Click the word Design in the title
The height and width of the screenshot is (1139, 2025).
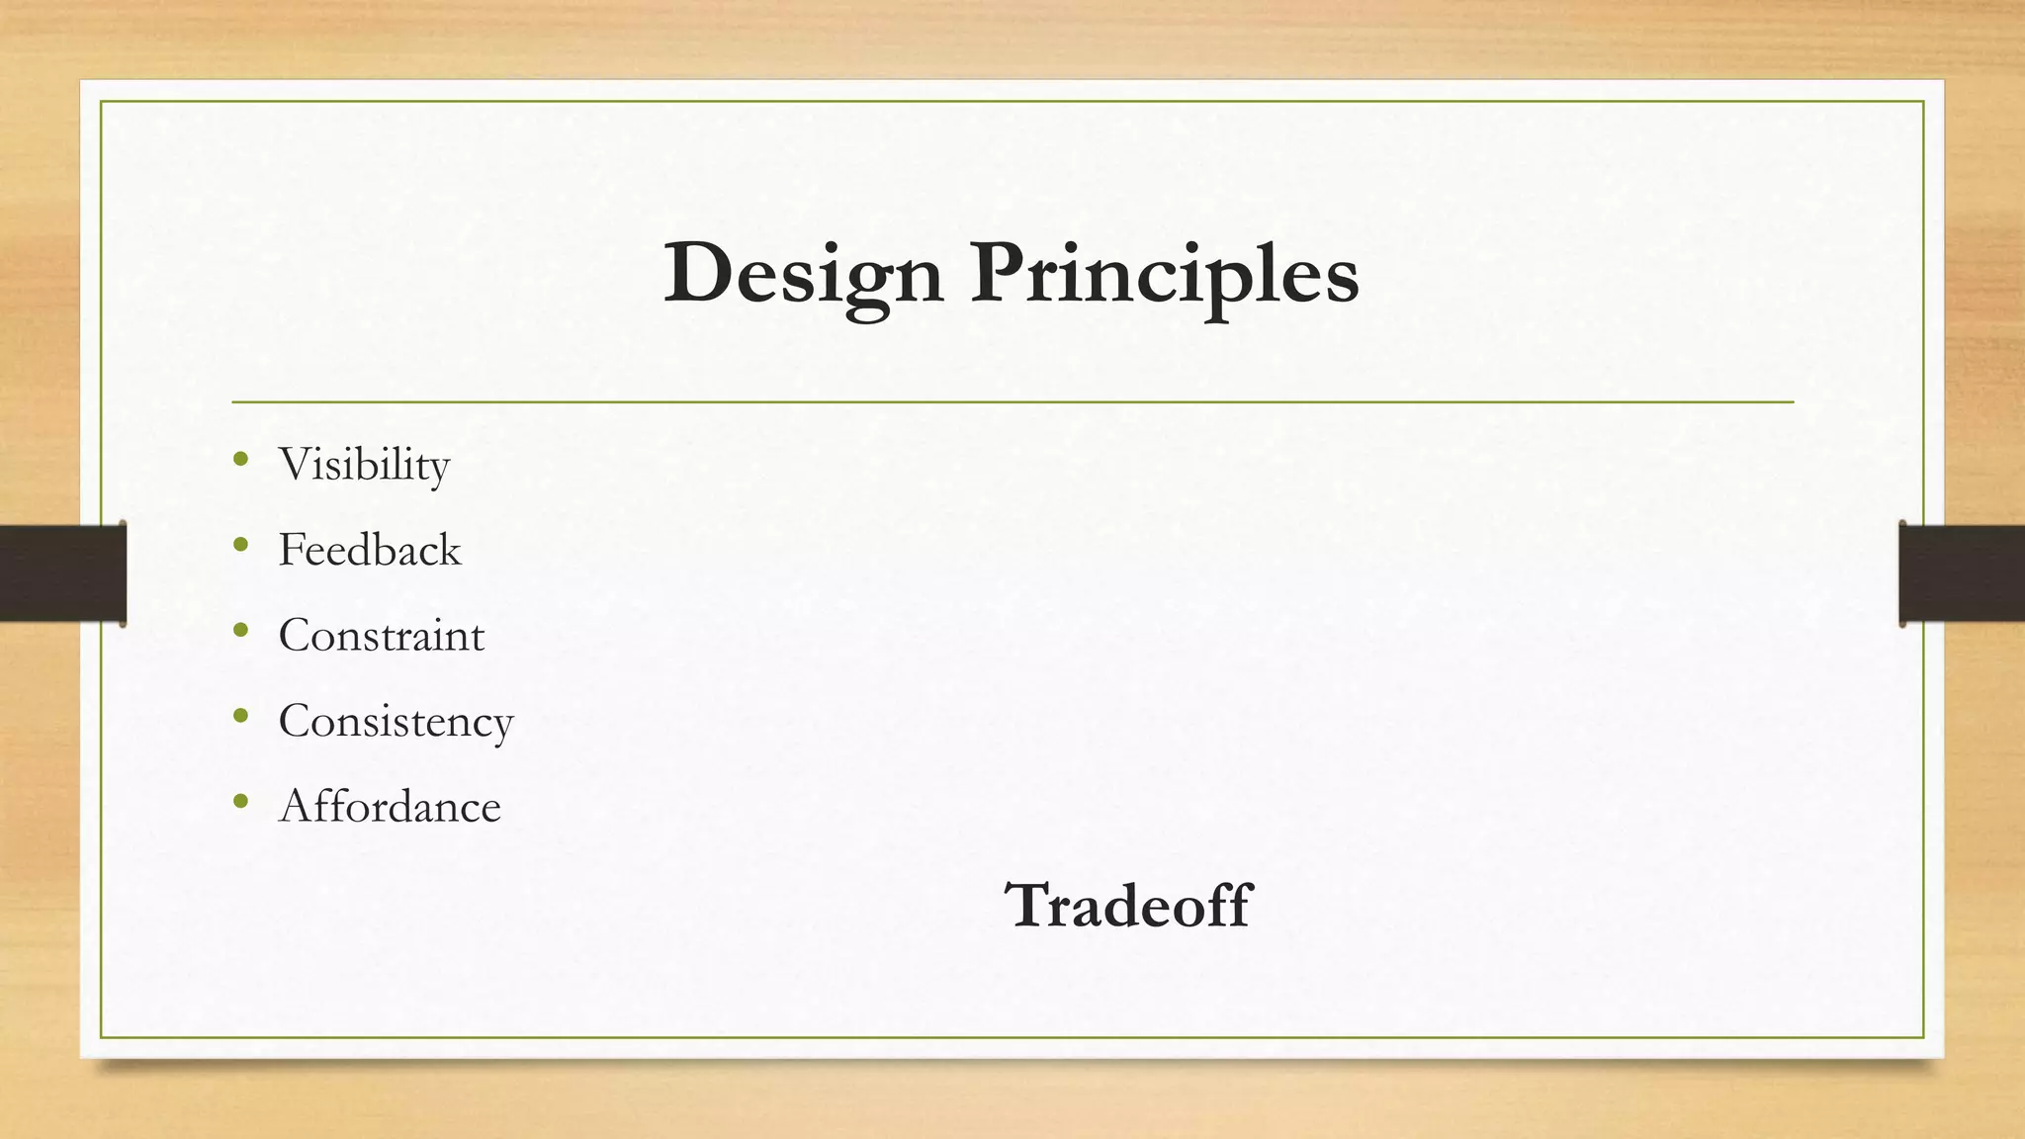click(x=803, y=274)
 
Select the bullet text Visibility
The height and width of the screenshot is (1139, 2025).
click(x=364, y=465)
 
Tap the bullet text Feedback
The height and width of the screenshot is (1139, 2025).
click(x=370, y=550)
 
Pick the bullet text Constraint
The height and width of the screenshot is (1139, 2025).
click(x=382, y=635)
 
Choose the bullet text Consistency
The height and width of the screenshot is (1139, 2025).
click(x=396, y=721)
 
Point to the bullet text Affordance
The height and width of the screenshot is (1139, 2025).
click(x=390, y=807)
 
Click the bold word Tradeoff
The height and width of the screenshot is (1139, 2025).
click(x=1128, y=905)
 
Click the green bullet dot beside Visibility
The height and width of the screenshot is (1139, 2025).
click(x=241, y=459)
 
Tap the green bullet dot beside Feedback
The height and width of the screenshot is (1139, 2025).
click(x=241, y=544)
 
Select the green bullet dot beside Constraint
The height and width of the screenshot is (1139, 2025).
click(x=241, y=630)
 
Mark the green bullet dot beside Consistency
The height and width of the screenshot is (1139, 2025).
click(x=241, y=715)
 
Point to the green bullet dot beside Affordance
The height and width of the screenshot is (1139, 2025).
click(x=241, y=801)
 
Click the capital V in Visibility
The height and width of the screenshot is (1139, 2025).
click(x=296, y=464)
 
